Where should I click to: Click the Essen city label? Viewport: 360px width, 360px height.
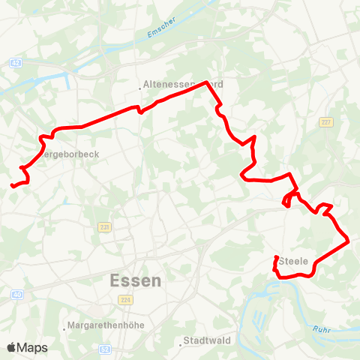tap(135, 281)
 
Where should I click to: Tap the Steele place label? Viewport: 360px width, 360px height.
tap(293, 261)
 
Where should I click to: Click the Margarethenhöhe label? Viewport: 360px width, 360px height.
tap(106, 325)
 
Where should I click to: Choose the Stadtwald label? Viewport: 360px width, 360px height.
tap(207, 342)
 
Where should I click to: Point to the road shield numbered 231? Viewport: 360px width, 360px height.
tap(103, 227)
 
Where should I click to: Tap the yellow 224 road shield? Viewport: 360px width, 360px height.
tap(124, 299)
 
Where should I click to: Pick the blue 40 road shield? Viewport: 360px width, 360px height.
tap(16, 295)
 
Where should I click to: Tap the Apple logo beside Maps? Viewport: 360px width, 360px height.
tap(11, 347)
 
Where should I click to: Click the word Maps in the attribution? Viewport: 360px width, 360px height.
tap(33, 347)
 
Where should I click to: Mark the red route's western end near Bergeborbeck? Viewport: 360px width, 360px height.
tap(12, 186)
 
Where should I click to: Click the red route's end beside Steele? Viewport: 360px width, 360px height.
tap(277, 258)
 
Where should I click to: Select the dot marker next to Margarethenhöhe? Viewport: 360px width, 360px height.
tap(64, 327)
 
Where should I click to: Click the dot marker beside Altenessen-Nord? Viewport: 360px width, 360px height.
tap(139, 88)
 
